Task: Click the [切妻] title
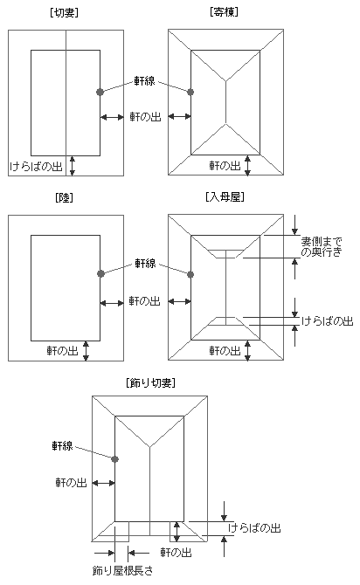64,13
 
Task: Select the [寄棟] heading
224,12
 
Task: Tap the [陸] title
64,197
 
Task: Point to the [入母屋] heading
225,197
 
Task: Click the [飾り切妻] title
151,382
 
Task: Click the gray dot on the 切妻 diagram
100,92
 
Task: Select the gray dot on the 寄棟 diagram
190,92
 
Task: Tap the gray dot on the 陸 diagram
100,274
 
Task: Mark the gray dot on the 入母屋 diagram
190,274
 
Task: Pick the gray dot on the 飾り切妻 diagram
114,459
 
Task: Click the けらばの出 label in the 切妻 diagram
36,166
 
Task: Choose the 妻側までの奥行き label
322,246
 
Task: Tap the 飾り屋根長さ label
123,570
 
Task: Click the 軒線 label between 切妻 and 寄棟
144,81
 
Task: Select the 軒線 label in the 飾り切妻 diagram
62,445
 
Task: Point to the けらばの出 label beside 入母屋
327,320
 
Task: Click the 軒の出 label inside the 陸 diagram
62,351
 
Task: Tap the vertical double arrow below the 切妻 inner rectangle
73,166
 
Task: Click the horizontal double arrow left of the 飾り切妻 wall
103,483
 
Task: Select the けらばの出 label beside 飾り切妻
254,528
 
